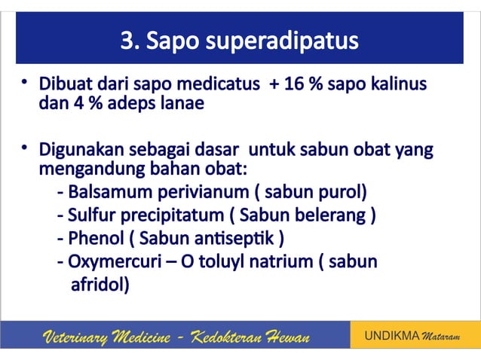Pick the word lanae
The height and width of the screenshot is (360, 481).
click(x=183, y=102)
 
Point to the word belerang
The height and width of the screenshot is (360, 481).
click(x=334, y=215)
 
